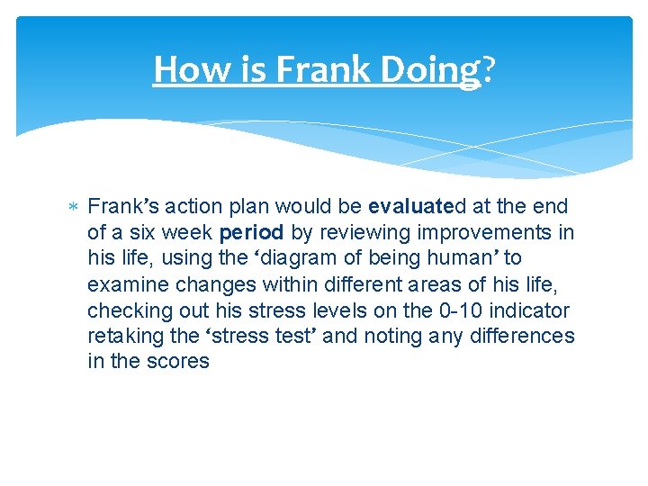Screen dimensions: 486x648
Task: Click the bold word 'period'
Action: (x=252, y=231)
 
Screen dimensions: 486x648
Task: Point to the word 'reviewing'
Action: (x=361, y=231)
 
